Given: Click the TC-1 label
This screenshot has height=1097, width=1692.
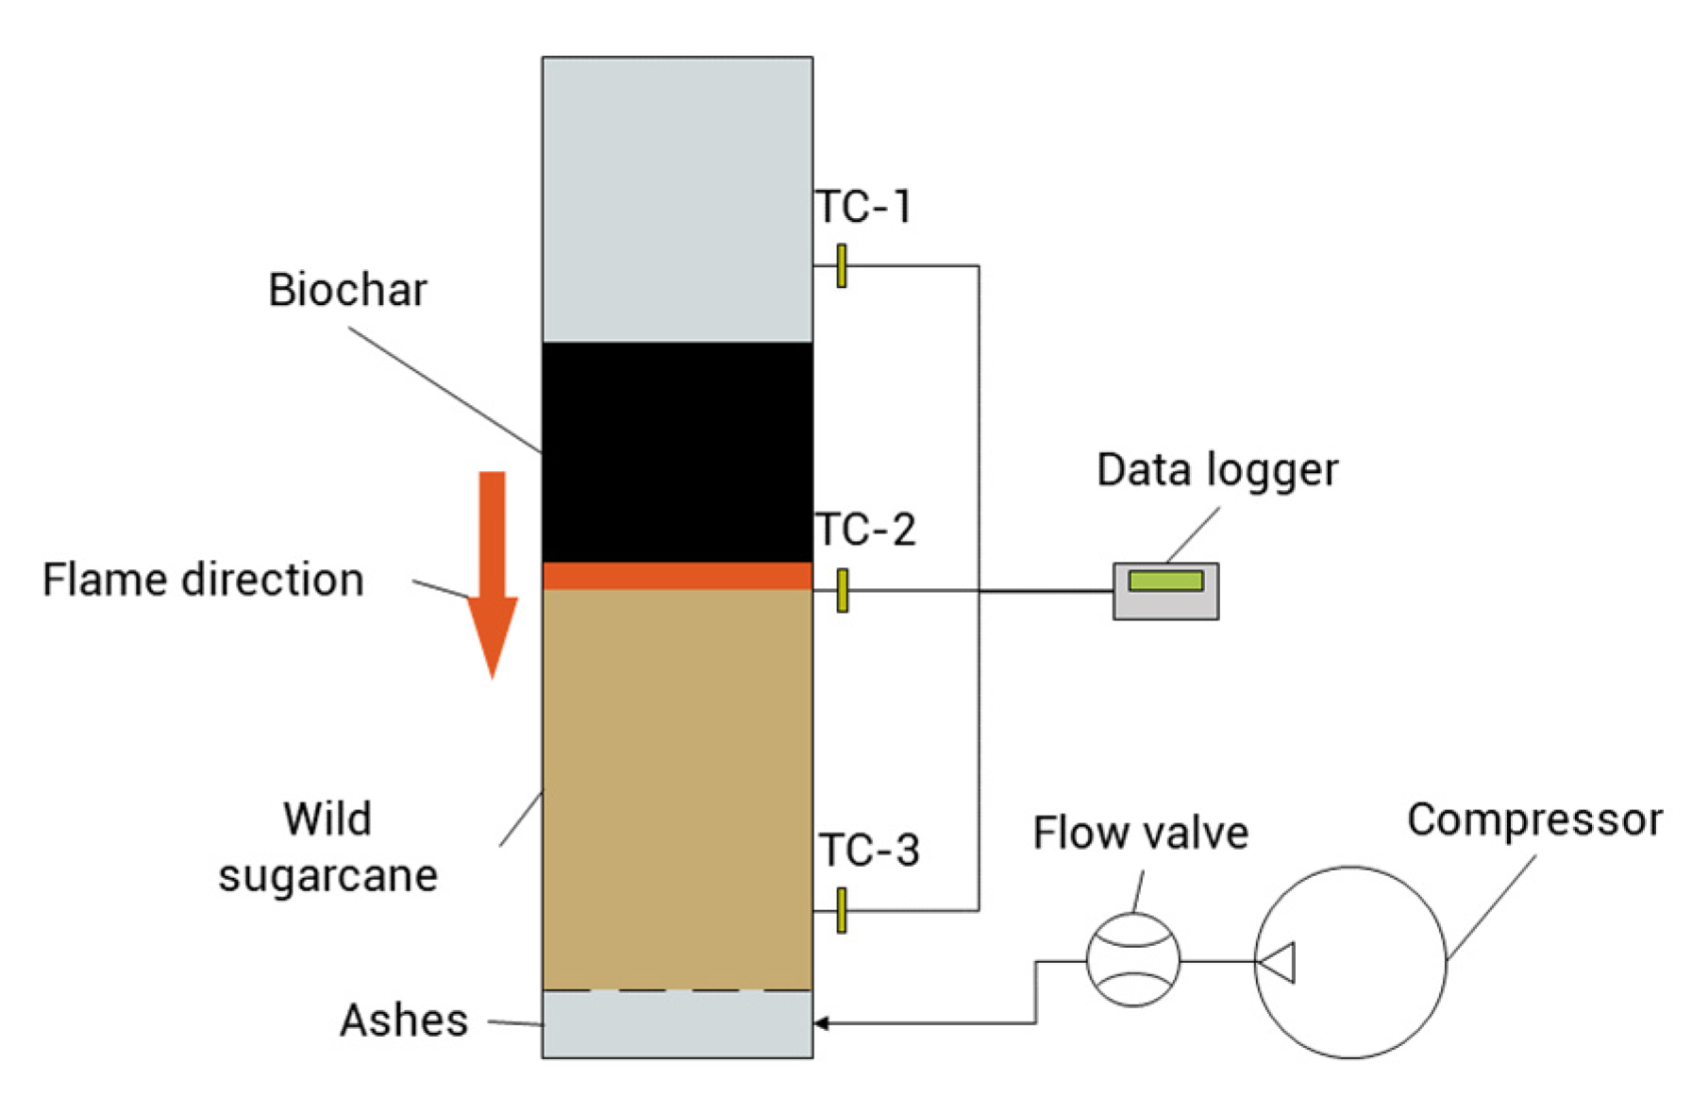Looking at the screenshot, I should pos(863,208).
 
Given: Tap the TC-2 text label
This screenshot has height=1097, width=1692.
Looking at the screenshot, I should pos(864,530).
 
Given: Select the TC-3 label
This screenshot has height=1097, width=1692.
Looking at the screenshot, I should pos(868,851).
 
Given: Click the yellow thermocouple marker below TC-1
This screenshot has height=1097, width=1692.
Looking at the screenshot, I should pos(842,265).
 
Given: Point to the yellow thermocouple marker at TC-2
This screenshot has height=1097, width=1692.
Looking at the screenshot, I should pos(843,590).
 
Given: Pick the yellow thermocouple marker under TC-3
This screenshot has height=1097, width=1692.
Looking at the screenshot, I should pos(842,910).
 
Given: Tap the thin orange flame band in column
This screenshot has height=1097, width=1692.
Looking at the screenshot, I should pos(677,576).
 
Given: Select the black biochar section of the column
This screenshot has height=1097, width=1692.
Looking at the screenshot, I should pos(677,451).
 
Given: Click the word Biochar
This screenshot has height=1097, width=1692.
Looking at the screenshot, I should pos(347,290).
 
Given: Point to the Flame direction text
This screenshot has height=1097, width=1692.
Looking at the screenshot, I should pos(203,580).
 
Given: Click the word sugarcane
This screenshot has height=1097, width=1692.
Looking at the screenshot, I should pos(327,876).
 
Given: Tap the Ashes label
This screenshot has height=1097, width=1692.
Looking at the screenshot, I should pos(404,1021).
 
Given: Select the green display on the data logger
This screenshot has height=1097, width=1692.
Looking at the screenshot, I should pos(1165,580).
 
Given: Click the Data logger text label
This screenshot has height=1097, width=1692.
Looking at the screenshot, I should pos(1216,470).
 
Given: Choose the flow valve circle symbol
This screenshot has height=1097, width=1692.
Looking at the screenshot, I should pos(1132,960).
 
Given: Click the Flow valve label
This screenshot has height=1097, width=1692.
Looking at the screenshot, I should pos(1140,834).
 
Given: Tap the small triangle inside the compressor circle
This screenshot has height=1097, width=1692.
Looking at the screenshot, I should pos(1279,962).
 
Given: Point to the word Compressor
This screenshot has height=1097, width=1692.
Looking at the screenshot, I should pos(1534,819).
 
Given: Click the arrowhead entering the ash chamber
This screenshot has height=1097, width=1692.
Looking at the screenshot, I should pos(821,1022).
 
